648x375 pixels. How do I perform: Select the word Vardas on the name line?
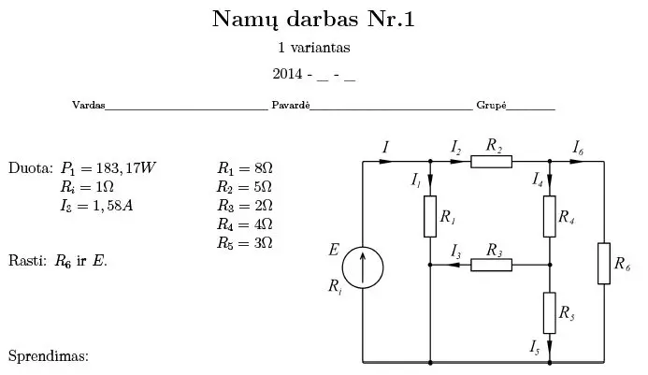[88, 106]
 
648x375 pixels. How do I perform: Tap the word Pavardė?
[290, 106]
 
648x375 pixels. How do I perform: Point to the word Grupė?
[492, 106]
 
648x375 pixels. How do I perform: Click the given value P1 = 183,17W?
[108, 169]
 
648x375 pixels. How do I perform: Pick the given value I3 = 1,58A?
[96, 206]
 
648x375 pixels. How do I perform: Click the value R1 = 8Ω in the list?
[244, 169]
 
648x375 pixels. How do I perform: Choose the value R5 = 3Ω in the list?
[244, 242]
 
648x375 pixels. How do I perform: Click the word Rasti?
[23, 260]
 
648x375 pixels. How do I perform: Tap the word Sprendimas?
[48, 356]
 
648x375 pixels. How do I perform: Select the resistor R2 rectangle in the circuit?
[491, 162]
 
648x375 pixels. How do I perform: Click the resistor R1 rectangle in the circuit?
[430, 216]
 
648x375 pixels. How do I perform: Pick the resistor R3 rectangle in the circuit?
[491, 265]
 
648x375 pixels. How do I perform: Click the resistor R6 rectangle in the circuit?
[604, 263]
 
